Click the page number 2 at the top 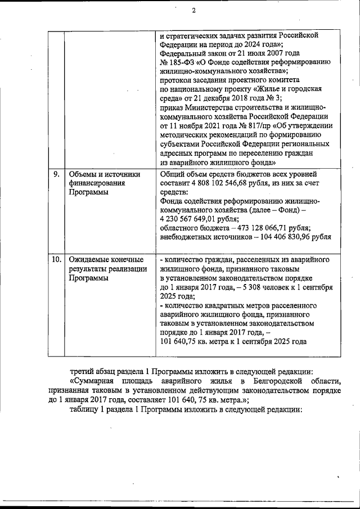(193, 10)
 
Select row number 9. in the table (56, 174)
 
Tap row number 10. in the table (56, 260)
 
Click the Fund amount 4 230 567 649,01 (191, 219)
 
